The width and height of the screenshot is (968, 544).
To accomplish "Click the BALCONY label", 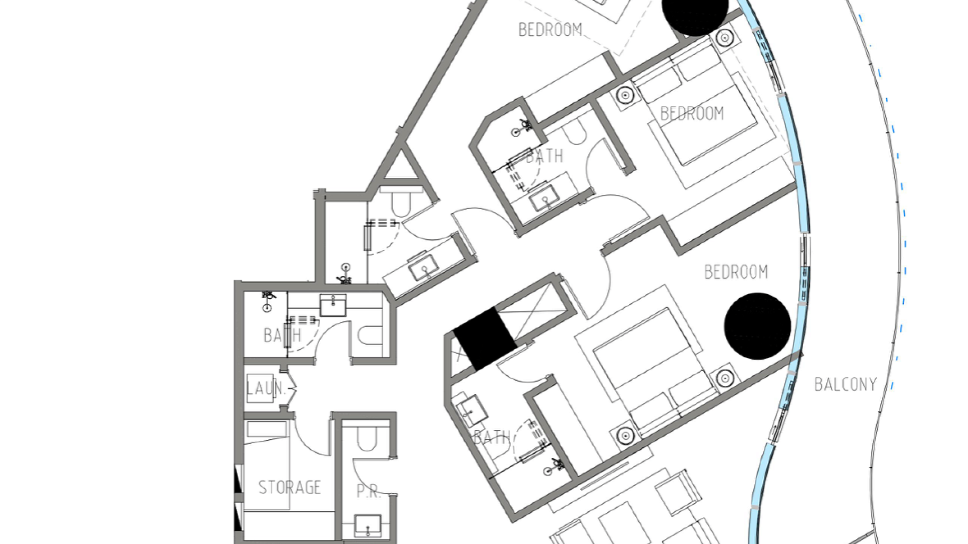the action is (x=845, y=385).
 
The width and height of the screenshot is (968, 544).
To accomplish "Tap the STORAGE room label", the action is (x=289, y=488).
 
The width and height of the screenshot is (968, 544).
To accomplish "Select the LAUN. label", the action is (x=266, y=388).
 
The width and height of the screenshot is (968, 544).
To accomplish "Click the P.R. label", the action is (x=369, y=492).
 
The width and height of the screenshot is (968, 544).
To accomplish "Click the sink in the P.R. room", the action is (x=368, y=525).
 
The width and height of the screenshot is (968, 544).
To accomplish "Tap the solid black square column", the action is (x=485, y=339).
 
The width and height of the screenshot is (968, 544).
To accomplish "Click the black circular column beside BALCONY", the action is (x=757, y=326).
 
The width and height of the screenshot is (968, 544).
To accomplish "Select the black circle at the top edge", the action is (x=695, y=14).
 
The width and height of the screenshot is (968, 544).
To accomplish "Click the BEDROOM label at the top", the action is (x=550, y=30).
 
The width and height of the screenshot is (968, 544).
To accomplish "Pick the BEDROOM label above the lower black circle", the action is (x=736, y=273).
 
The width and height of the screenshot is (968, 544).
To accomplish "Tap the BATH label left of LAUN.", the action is (x=282, y=335).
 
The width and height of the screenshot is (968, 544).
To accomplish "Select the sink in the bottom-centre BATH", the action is (x=472, y=409).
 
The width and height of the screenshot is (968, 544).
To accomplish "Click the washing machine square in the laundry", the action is (x=260, y=388).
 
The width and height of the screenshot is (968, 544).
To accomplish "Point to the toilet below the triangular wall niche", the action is (x=401, y=201).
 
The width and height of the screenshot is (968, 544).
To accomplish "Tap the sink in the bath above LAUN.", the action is (x=333, y=305).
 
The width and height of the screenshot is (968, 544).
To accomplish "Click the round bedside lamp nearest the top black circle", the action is (x=724, y=37).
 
